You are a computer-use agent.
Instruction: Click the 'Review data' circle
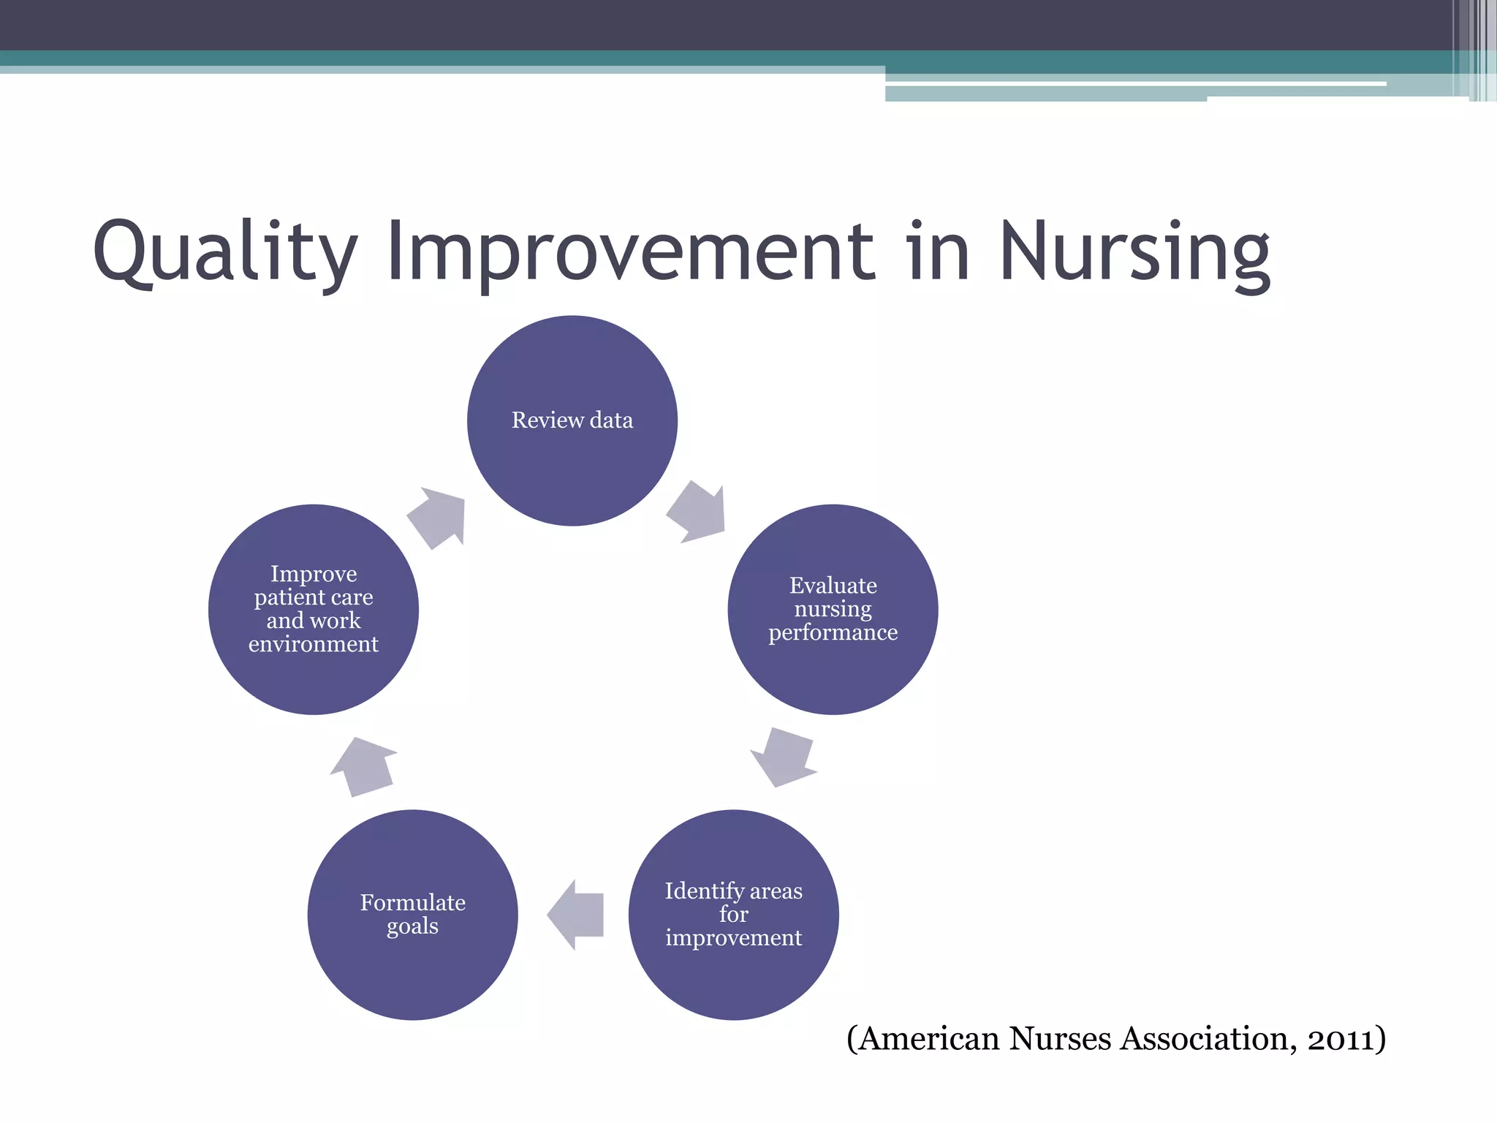[572, 420]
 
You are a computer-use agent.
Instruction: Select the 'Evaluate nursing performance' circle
[833, 609]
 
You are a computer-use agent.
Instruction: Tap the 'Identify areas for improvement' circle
[733, 914]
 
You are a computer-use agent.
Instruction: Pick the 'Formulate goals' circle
[412, 914]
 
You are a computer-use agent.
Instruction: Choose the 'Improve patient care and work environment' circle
[313, 609]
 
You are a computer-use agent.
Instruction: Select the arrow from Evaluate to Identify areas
[782, 757]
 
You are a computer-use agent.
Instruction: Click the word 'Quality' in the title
[225, 252]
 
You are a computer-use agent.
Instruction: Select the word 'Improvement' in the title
[630, 252]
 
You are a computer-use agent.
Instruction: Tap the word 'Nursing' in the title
[1134, 252]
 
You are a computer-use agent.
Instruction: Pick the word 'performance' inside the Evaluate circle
[833, 632]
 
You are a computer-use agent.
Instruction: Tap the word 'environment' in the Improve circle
[313, 644]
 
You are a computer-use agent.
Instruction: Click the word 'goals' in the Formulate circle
[412, 926]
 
